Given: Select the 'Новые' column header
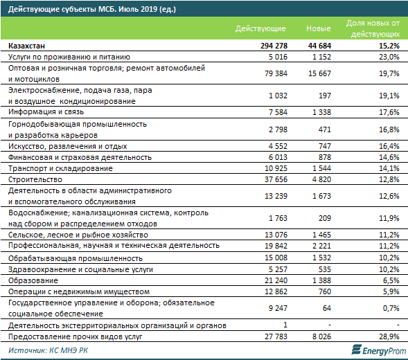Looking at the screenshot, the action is tap(319, 28).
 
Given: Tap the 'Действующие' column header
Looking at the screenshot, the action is tap(260, 28).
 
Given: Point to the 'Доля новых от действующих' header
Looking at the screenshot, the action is tap(373, 28).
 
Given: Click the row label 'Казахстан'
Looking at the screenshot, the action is tap(26, 46).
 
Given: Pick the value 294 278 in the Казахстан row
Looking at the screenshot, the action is tap(274, 46).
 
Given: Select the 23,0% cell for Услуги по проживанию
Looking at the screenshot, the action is tap(389, 57).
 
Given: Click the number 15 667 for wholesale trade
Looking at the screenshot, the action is tap(319, 73).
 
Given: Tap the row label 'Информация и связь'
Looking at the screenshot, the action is tap(46, 112).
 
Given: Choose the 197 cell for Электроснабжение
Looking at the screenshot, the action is tap(325, 96).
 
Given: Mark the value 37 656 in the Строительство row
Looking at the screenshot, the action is tap(276, 179).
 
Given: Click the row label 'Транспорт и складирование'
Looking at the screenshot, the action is tap(60, 168).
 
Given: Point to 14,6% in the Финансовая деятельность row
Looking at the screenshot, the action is tap(389, 157).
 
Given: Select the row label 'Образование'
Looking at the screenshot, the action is tap(33, 280).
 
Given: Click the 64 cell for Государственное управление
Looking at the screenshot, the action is tap(327, 308).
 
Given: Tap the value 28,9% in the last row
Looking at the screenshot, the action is tap(389, 336).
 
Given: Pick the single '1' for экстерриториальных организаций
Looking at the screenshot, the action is tap(285, 325).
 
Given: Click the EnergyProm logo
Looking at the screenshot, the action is tap(379, 350).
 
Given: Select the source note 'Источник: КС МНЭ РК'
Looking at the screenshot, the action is tap(48, 350).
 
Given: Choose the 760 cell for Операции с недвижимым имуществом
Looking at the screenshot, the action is tap(325, 291).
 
